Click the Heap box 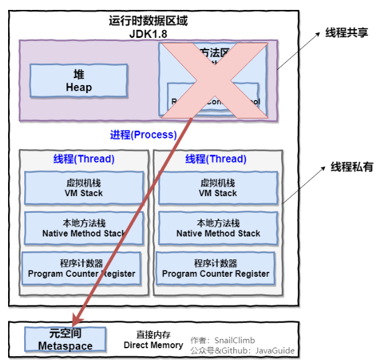coord(79,81)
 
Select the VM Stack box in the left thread coord(84,187)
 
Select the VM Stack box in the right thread coord(218,187)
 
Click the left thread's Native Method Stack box coord(84,228)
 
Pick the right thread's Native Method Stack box coord(218,228)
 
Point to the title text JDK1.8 coord(148,34)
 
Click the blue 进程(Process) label coord(143,134)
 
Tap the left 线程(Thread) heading coord(84,159)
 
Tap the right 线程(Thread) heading coord(217,159)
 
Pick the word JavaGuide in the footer coord(276,351)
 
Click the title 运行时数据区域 coord(148,20)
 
